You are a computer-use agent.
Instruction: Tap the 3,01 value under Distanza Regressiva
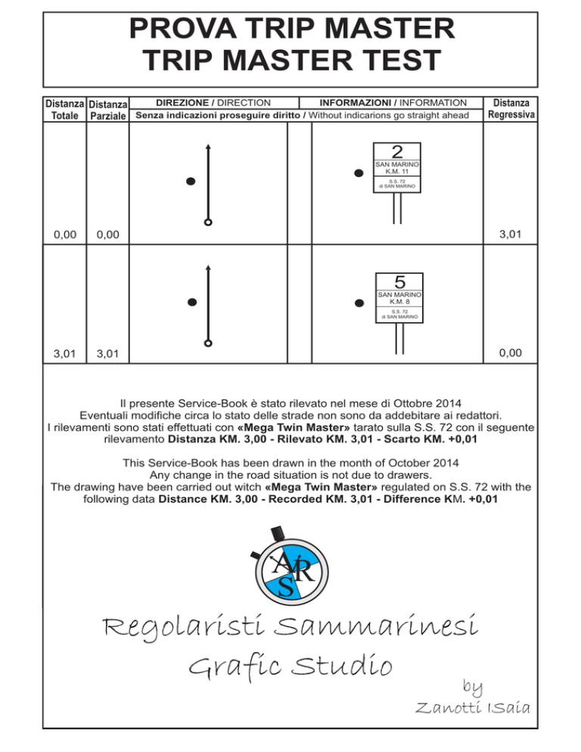tap(510, 234)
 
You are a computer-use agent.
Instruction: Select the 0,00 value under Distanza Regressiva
tap(510, 353)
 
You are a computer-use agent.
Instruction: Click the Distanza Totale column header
tap(65, 110)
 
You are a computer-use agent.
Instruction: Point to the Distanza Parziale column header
tap(108, 110)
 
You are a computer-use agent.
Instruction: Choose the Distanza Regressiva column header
tap(511, 108)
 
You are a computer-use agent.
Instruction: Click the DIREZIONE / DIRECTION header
tap(213, 103)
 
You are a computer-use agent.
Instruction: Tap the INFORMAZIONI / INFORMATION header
tap(393, 103)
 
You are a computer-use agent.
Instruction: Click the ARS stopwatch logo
tap(290, 566)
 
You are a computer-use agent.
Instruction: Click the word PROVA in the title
tap(183, 28)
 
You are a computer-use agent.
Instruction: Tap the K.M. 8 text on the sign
tap(399, 302)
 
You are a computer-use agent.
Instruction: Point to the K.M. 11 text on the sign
tap(396, 171)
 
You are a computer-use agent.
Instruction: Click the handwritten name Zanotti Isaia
tap(473, 707)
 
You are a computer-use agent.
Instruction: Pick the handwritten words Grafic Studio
tap(290, 665)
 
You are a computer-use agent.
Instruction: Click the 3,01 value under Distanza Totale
tap(65, 354)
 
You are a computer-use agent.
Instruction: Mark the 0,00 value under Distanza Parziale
tap(108, 235)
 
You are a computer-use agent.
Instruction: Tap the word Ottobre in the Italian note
tap(413, 403)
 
